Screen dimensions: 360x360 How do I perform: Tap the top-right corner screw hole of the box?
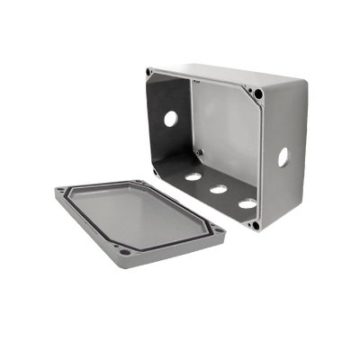pos(259,93)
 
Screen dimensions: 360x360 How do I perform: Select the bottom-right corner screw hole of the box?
pos(256,224)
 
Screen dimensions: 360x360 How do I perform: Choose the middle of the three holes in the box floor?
pos(216,190)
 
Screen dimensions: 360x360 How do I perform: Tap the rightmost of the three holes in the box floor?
pos(245,203)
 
